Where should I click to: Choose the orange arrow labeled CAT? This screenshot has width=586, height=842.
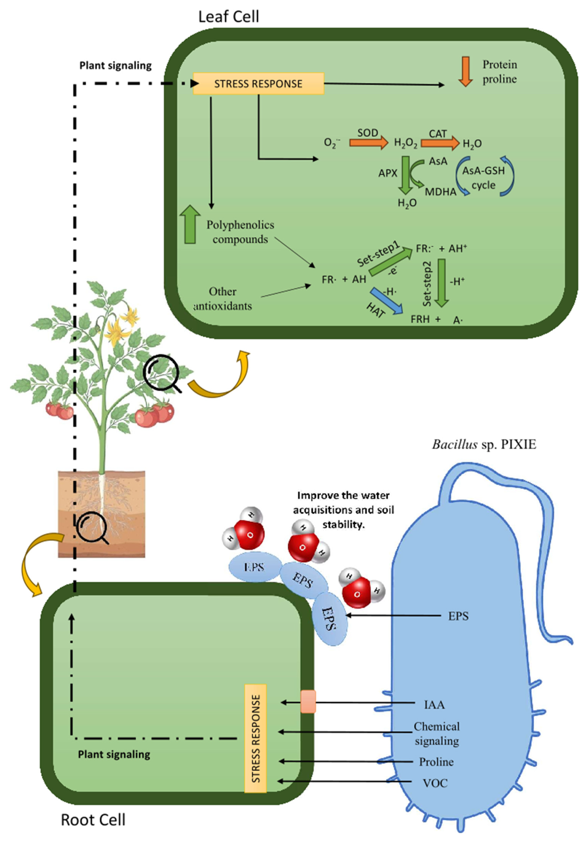[439, 142]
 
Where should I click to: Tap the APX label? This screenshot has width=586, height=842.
[388, 173]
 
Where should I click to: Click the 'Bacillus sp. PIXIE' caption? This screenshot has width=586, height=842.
[484, 444]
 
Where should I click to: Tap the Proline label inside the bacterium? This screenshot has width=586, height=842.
[436, 762]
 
